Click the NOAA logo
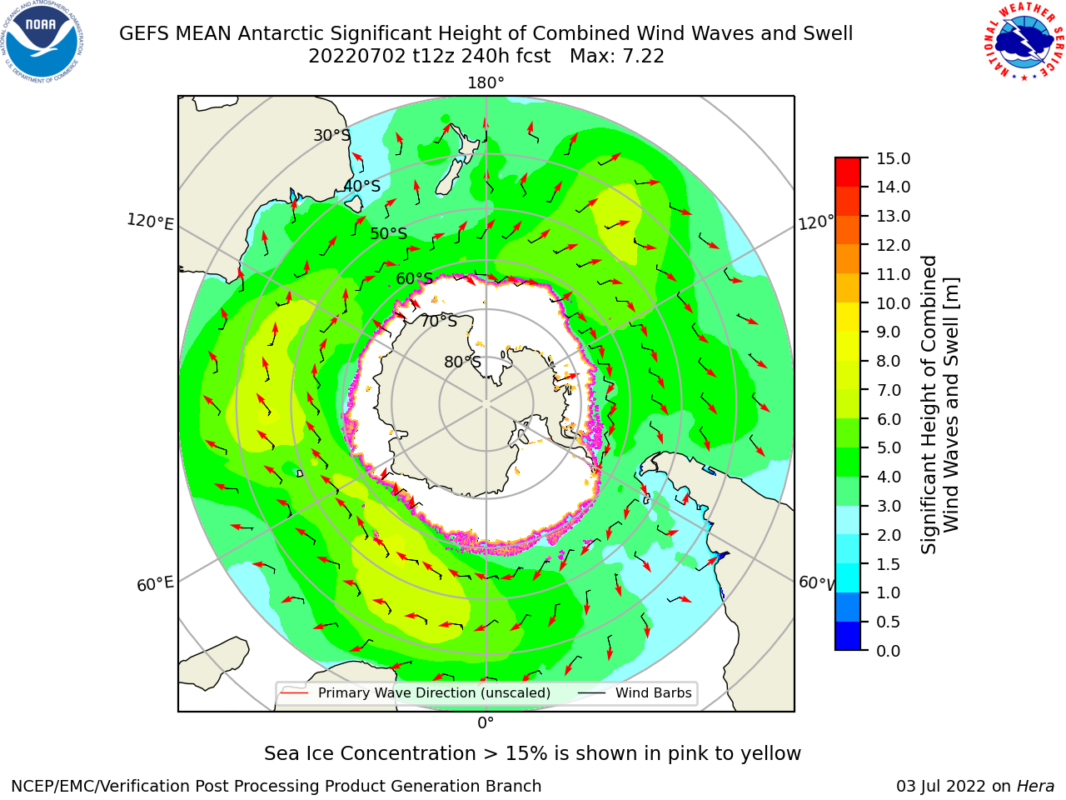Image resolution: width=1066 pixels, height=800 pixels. click(42, 42)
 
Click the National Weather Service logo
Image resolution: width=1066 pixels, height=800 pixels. click(1024, 42)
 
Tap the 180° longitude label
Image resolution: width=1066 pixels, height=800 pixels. click(486, 83)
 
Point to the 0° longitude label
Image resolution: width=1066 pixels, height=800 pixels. click(486, 723)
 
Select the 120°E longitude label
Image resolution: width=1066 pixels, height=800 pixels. click(150, 222)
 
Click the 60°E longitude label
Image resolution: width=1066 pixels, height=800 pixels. click(155, 583)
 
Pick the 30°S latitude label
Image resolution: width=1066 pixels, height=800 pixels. click(331, 135)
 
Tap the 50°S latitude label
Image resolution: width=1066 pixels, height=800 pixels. click(389, 233)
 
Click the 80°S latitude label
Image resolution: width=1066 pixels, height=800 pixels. click(462, 362)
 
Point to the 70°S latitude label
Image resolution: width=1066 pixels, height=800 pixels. click(439, 321)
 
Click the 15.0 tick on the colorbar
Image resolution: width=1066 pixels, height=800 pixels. click(893, 158)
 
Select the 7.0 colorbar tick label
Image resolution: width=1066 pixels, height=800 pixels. click(889, 390)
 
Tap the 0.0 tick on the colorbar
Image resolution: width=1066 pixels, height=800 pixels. click(889, 651)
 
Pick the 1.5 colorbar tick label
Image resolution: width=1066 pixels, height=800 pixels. click(889, 564)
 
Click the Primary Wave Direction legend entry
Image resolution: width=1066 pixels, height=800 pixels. click(416, 692)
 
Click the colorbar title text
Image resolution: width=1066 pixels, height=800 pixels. click(939, 405)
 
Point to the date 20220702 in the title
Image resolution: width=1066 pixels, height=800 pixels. click(357, 57)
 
